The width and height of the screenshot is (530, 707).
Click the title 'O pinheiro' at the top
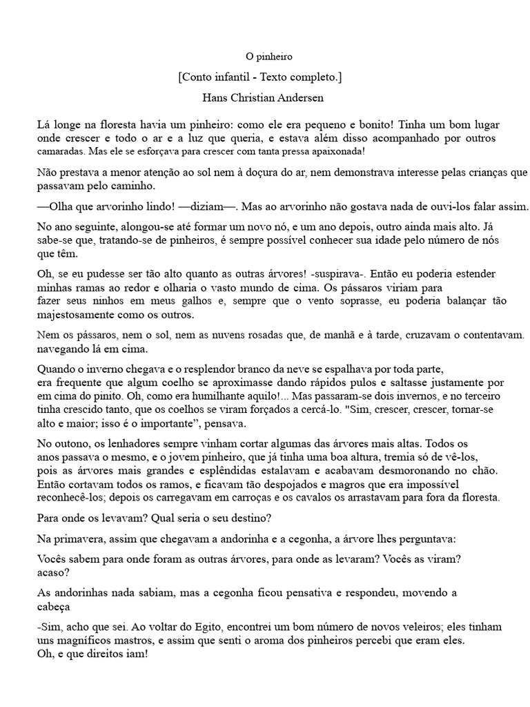coord(264,56)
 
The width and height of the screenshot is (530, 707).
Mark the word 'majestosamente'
coord(77,315)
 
